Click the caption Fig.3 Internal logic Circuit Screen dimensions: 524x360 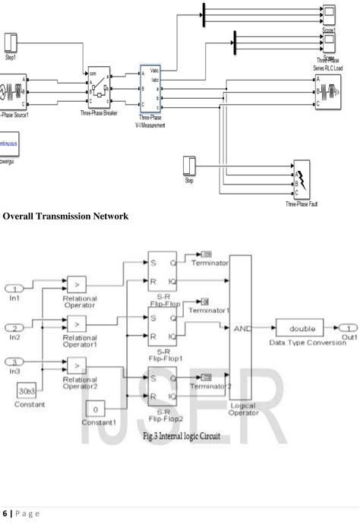pos(180,438)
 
